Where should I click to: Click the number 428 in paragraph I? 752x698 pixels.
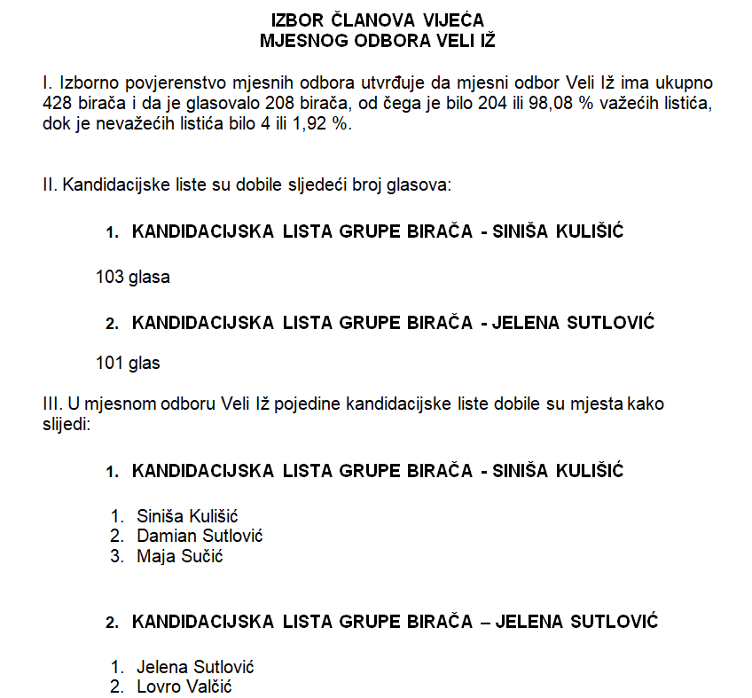[x=57, y=104]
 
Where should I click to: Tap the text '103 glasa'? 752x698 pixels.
[x=132, y=277]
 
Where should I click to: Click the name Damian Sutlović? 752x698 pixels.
[x=200, y=536]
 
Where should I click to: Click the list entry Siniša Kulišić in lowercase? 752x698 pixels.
[x=188, y=516]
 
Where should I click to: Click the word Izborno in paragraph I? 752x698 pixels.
[x=80, y=83]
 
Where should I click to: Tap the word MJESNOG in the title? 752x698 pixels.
[x=302, y=39]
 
